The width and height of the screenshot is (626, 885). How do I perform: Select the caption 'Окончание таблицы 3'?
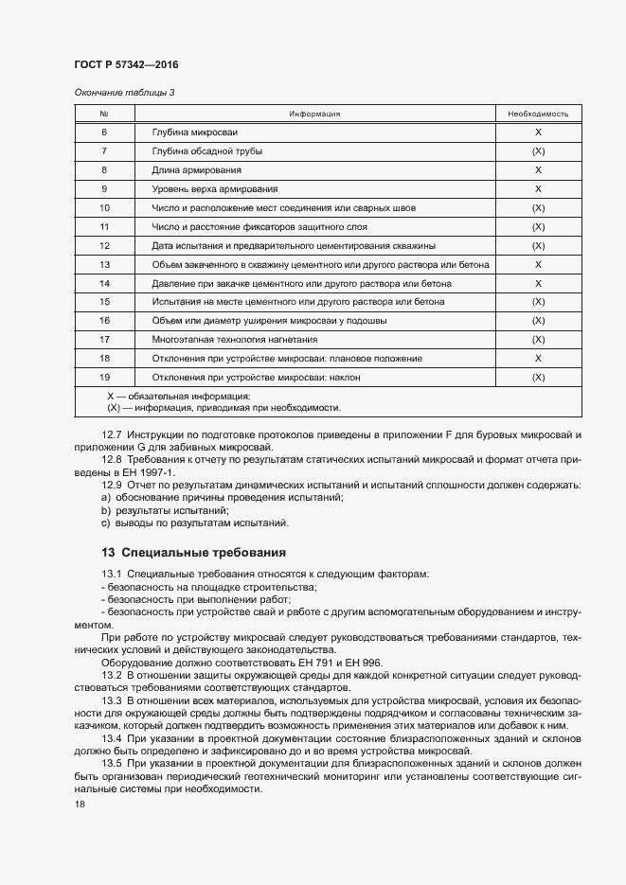pyautogui.click(x=124, y=92)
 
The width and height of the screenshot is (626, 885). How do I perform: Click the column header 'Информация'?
pyautogui.click(x=314, y=114)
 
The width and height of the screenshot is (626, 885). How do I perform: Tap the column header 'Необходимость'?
pyautogui.click(x=537, y=114)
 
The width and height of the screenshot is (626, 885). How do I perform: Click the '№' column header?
pyautogui.click(x=104, y=114)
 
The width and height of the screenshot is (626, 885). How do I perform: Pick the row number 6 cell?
pyautogui.click(x=104, y=133)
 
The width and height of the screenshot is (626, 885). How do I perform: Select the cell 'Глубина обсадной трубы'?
pyautogui.click(x=206, y=151)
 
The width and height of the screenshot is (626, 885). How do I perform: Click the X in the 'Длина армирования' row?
pyautogui.click(x=537, y=170)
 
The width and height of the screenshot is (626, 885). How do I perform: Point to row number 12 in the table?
pyautogui.click(x=104, y=245)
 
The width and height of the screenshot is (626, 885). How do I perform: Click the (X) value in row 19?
pyautogui.click(x=537, y=377)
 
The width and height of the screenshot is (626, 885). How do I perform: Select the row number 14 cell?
pyautogui.click(x=104, y=283)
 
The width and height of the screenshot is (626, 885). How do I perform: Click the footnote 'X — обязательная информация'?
pyautogui.click(x=178, y=396)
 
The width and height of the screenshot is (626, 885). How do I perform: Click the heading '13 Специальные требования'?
pyautogui.click(x=192, y=552)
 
